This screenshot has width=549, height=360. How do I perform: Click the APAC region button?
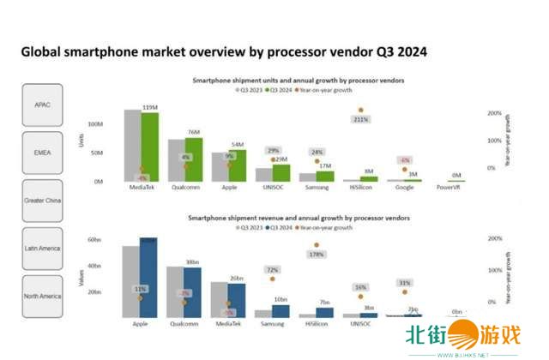tap(43, 105)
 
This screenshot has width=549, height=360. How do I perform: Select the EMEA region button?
tap(43, 152)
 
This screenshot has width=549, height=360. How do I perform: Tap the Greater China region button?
tap(43, 200)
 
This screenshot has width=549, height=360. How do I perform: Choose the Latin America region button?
tap(43, 249)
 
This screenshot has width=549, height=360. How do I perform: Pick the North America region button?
tap(43, 297)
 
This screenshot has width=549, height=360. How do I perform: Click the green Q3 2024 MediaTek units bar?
tap(151, 146)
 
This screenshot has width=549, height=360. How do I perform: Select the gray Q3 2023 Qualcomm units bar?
tap(176, 160)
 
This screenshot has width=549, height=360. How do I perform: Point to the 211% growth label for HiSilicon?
tap(360, 120)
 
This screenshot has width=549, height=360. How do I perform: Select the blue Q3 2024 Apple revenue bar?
tap(148, 279)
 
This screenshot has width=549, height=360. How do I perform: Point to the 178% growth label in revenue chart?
tap(317, 255)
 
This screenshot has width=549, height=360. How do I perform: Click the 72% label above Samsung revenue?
tap(274, 270)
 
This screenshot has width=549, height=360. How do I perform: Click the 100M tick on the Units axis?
tap(95, 124)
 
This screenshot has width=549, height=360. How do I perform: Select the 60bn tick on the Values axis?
tap(94, 240)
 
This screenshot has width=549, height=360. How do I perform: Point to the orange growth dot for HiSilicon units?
tap(361, 110)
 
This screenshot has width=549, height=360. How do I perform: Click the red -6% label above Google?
tap(403, 160)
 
